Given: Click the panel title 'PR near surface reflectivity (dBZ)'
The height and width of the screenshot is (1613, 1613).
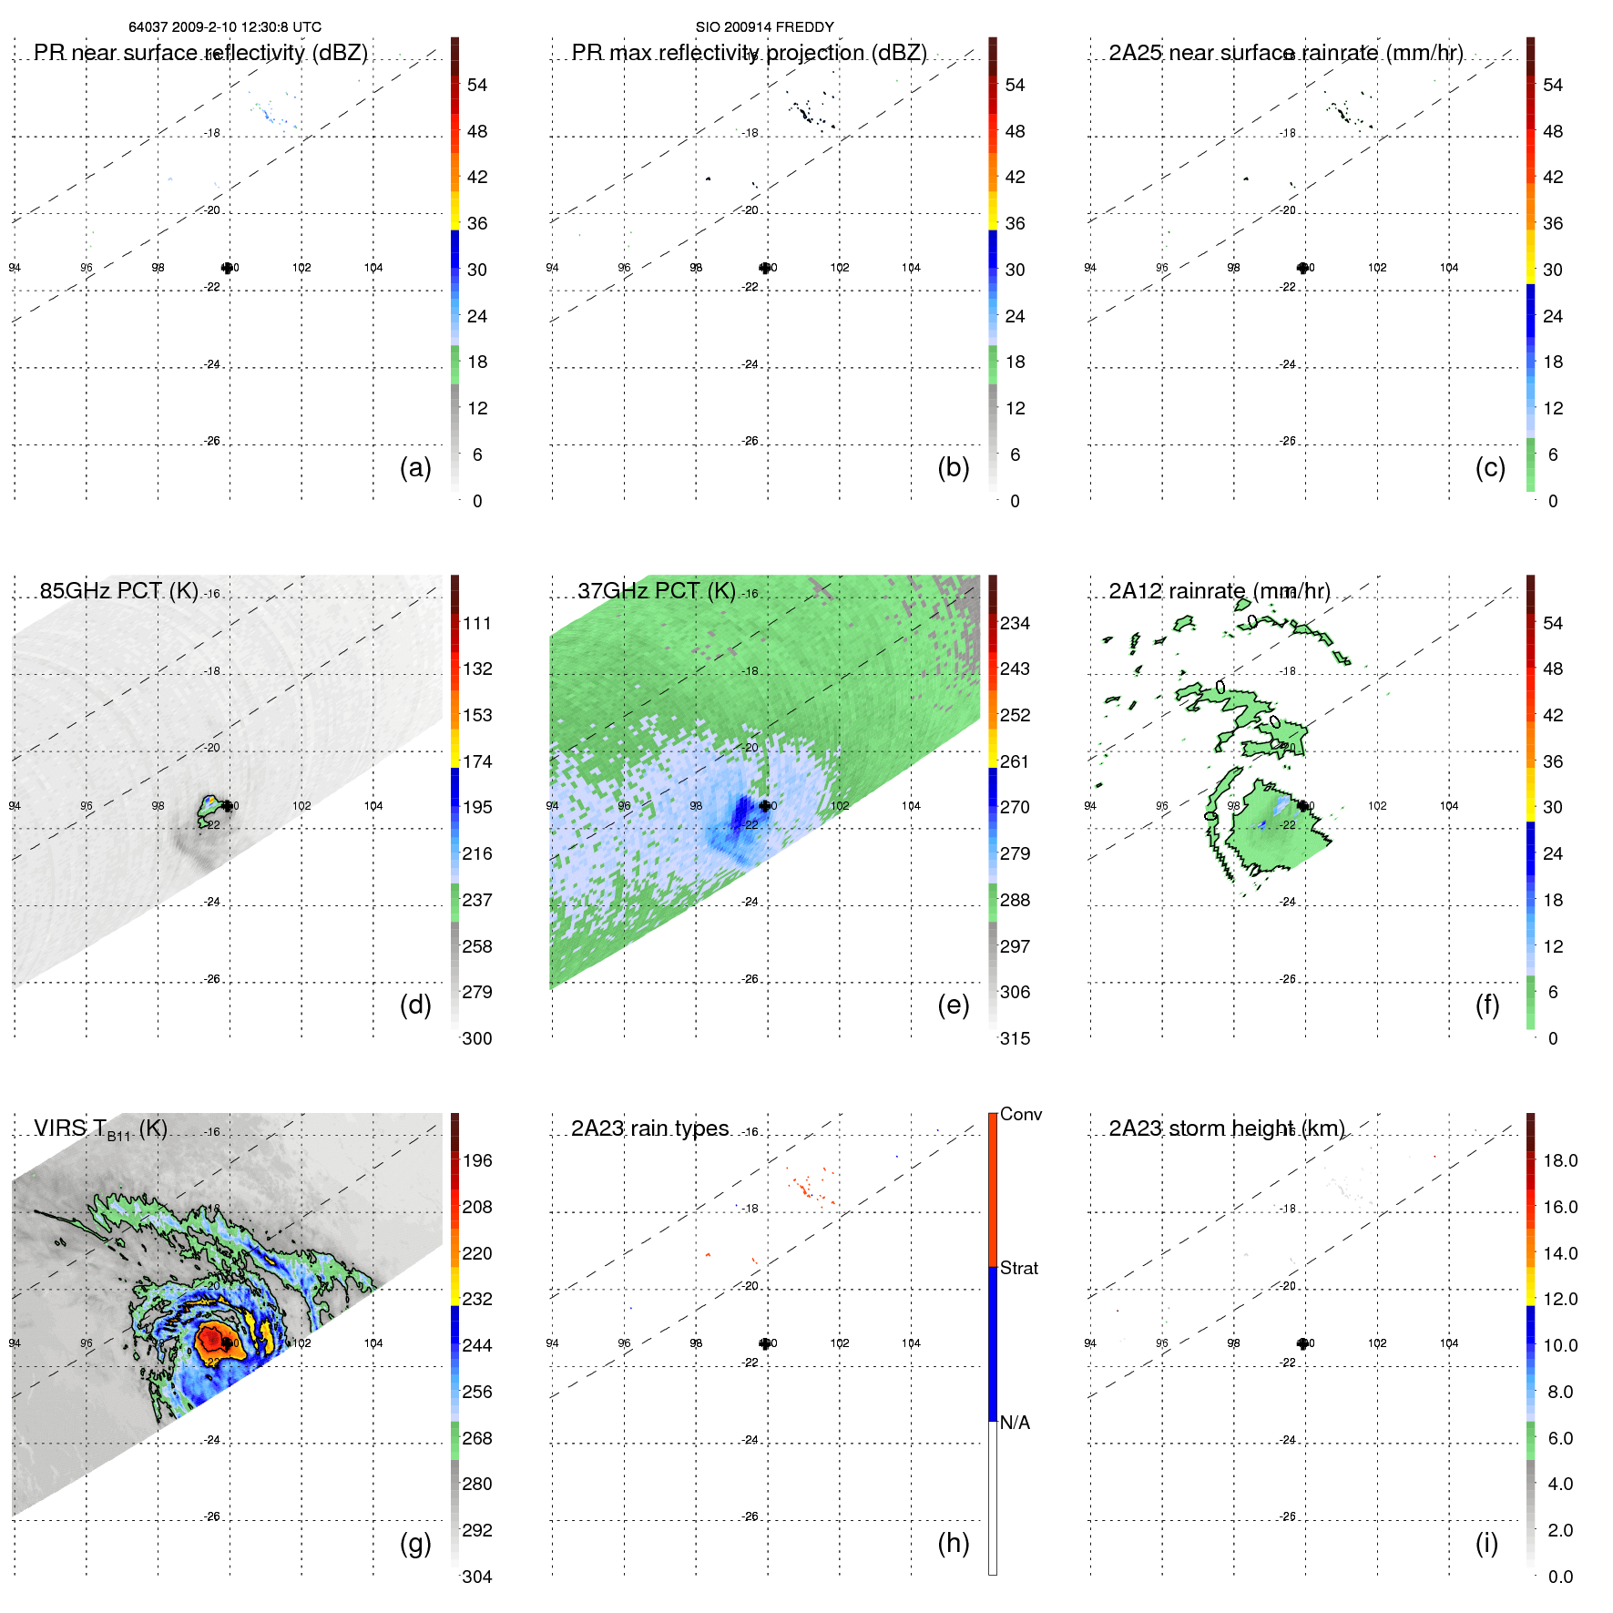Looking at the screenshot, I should click(200, 53).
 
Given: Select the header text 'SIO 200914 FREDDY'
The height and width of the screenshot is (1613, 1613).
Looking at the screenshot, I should click(764, 27).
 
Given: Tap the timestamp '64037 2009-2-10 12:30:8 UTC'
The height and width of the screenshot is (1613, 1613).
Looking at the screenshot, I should click(225, 27).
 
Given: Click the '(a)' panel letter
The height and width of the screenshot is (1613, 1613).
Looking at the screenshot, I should click(415, 467).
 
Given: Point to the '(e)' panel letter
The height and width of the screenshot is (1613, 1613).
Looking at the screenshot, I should click(953, 1005).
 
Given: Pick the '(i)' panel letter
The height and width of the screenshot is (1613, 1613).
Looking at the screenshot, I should click(1486, 1543).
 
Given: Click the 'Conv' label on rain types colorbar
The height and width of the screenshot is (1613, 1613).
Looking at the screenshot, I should click(1020, 1114).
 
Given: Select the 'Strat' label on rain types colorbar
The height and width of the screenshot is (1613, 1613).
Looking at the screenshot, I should click(1018, 1268).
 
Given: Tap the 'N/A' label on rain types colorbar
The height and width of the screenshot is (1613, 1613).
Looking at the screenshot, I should click(1015, 1423).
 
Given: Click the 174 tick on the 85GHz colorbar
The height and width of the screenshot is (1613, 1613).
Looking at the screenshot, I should click(476, 761).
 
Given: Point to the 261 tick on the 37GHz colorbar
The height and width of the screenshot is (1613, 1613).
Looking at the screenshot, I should click(1015, 761).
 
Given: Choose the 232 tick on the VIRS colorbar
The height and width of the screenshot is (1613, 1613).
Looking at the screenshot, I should click(476, 1299).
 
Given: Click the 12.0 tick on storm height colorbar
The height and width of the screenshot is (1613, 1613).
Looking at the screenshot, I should click(1559, 1299).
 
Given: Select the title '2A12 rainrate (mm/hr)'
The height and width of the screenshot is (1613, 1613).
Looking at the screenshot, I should click(1220, 591).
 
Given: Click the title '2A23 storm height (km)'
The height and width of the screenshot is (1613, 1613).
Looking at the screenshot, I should click(1227, 1128).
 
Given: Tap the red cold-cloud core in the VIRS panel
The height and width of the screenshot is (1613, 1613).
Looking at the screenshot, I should click(213, 1340).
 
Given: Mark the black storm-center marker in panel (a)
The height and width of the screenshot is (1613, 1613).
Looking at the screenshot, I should click(227, 268).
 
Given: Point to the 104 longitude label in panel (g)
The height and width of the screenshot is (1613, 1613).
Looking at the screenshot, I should click(373, 1343).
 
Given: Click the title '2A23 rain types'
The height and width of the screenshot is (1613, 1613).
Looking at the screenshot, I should click(649, 1128).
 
